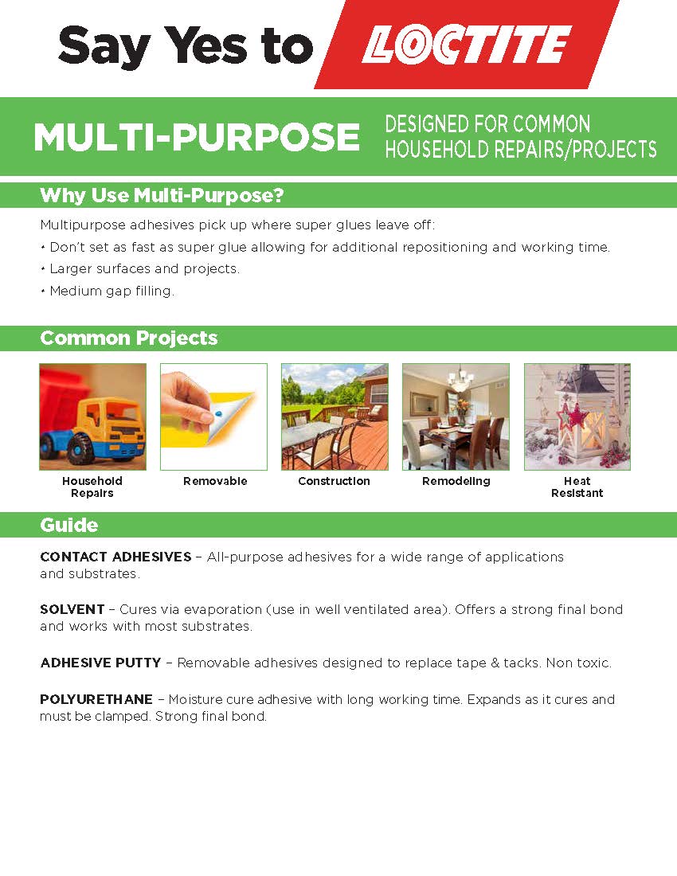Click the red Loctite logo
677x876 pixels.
coord(467,44)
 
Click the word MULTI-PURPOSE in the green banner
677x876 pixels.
coord(197,138)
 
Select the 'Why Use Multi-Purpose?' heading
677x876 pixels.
coord(162,196)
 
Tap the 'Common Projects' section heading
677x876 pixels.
coord(129,338)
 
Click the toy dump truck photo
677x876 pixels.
coord(92,416)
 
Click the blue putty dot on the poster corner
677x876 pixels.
coord(218,414)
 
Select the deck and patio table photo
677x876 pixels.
coord(335,416)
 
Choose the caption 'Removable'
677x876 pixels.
coord(215,481)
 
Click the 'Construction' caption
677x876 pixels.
coord(334,481)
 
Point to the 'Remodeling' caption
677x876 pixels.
coord(456,481)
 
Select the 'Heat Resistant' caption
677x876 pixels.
coord(577,487)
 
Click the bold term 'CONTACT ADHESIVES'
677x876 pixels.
coord(115,557)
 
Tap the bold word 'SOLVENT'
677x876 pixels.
coord(72,609)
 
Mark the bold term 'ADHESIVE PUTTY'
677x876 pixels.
coord(100,663)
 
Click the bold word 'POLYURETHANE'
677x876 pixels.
coord(96,699)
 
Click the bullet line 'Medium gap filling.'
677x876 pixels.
coord(108,291)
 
